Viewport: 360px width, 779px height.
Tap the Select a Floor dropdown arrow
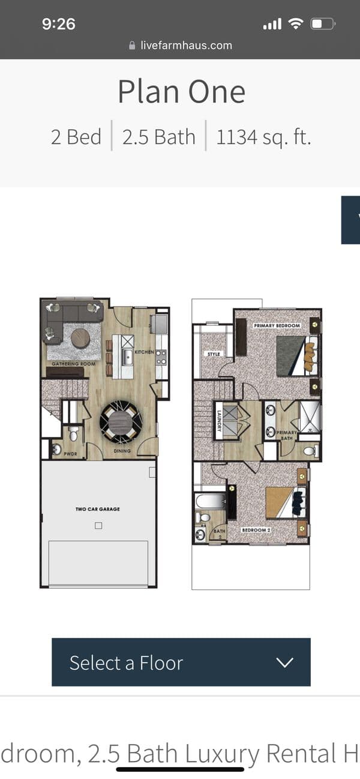tap(285, 663)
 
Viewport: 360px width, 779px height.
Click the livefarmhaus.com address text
tap(186, 45)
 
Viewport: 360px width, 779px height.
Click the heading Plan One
tap(181, 92)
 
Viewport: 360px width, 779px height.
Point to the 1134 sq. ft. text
tap(263, 137)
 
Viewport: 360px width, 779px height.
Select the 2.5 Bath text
tap(159, 137)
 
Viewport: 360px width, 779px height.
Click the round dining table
tap(120, 420)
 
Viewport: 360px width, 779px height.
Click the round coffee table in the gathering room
tap(80, 338)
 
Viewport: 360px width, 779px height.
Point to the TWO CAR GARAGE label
tap(98, 509)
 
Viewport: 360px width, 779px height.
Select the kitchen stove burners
tap(161, 358)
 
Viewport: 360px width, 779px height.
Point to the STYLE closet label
tap(214, 354)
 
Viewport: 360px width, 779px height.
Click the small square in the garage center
tap(98, 526)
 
